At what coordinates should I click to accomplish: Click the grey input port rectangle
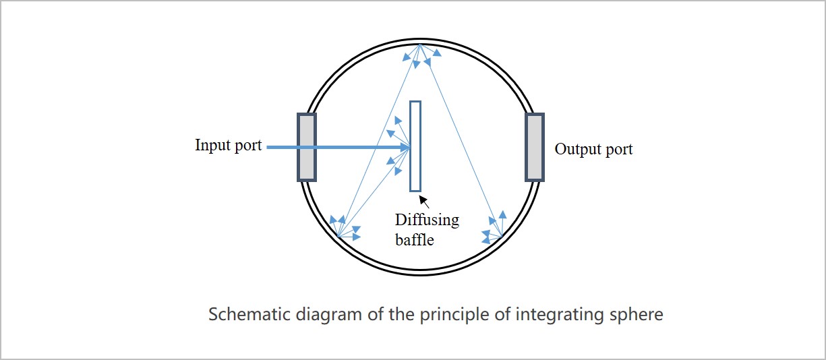click(307, 147)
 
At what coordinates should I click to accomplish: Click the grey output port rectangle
click(535, 147)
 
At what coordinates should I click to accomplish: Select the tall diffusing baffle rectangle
click(415, 146)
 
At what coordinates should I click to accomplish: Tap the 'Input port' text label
click(228, 145)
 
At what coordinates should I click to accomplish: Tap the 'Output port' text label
click(593, 149)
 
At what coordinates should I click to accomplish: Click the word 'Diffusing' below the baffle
click(426, 220)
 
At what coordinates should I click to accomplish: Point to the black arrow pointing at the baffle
click(424, 201)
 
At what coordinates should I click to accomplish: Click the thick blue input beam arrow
click(337, 147)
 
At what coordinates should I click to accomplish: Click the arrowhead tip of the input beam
click(409, 147)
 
